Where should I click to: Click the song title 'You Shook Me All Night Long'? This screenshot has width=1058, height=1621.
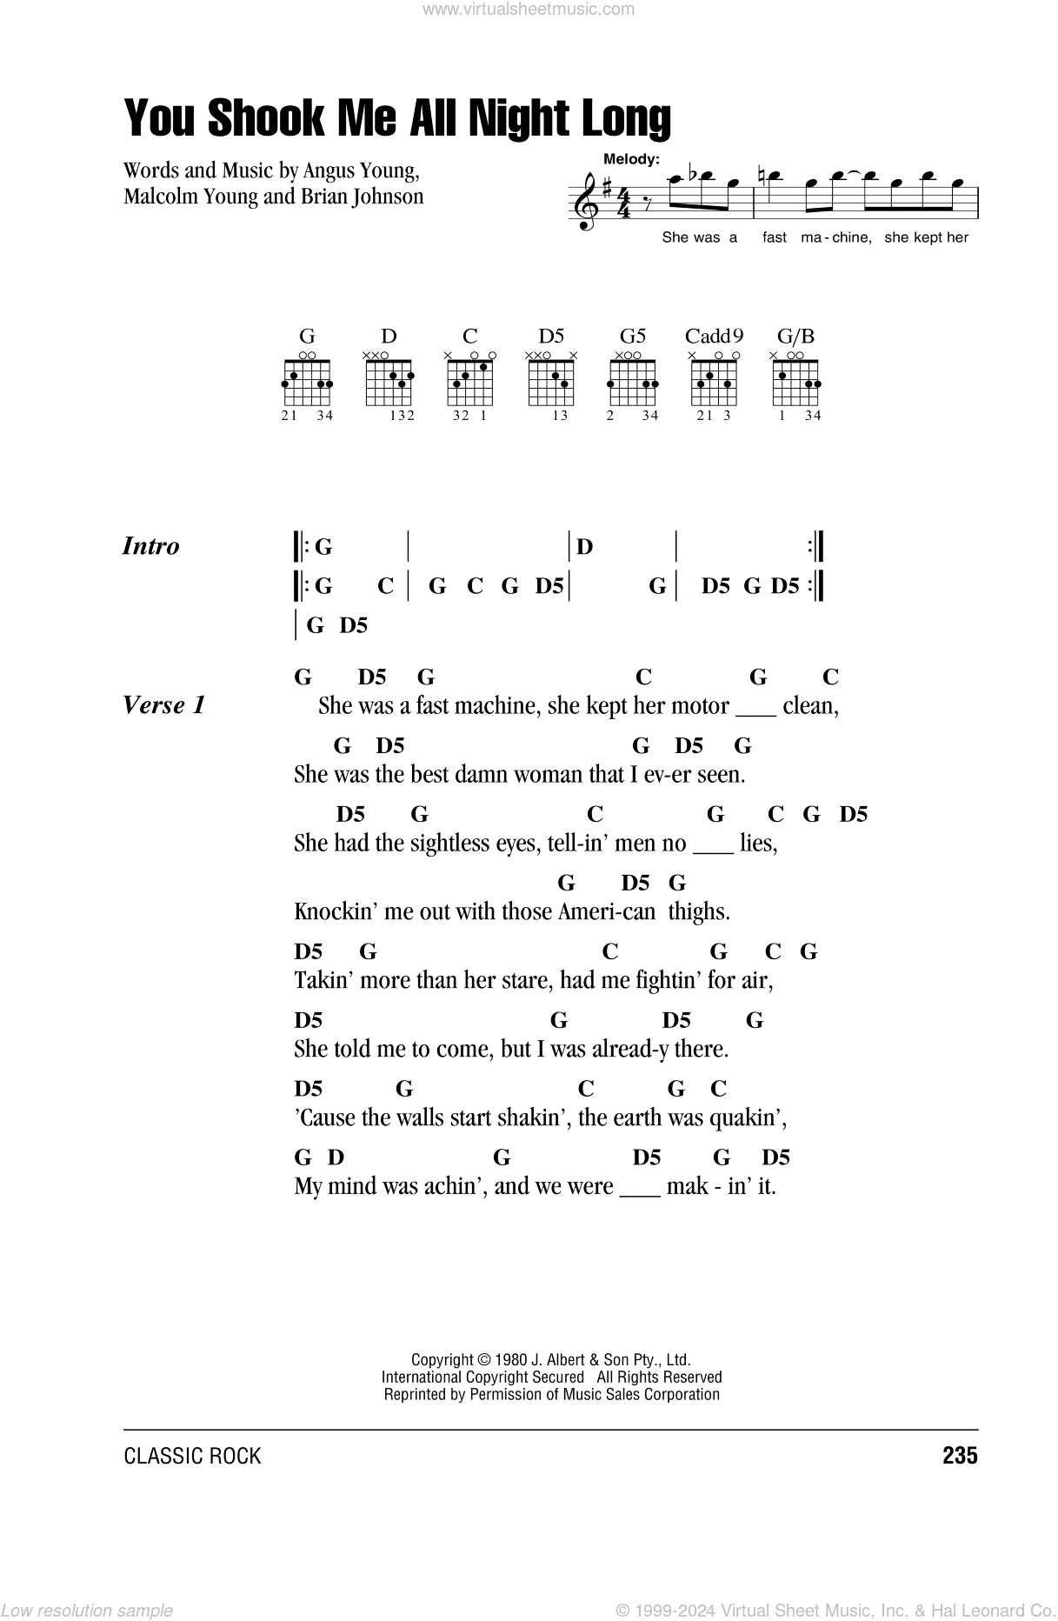pos(397,118)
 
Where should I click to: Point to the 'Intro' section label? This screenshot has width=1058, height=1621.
pos(150,546)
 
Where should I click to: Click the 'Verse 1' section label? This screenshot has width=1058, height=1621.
pos(164,704)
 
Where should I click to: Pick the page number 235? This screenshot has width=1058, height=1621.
pos(959,1456)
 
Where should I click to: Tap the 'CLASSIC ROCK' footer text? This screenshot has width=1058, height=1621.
pos(192,1457)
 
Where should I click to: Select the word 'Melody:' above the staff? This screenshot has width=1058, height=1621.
pos(631,159)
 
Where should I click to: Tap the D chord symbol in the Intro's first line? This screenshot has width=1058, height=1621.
pos(585,547)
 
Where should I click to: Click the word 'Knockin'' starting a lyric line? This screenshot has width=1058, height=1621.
pos(325,911)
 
